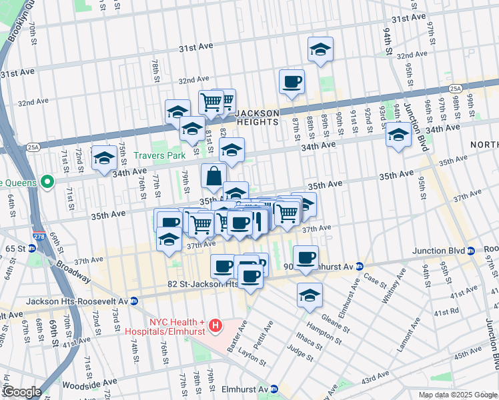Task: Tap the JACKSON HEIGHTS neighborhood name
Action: pos(257,118)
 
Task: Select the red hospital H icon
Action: pos(215,326)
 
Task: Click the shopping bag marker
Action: pos(213,177)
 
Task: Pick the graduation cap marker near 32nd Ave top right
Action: pos(320,49)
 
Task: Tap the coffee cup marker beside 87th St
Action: pos(292,82)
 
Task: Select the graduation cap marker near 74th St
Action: pos(104,158)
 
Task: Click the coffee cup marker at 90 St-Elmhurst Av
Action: pos(306,258)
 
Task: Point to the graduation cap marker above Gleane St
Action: pos(310,295)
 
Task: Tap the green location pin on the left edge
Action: pos(47,181)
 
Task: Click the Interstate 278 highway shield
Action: pos(39,235)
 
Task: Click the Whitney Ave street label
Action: pos(392,284)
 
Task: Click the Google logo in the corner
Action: pos(22,392)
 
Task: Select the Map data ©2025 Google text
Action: pos(457,395)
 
